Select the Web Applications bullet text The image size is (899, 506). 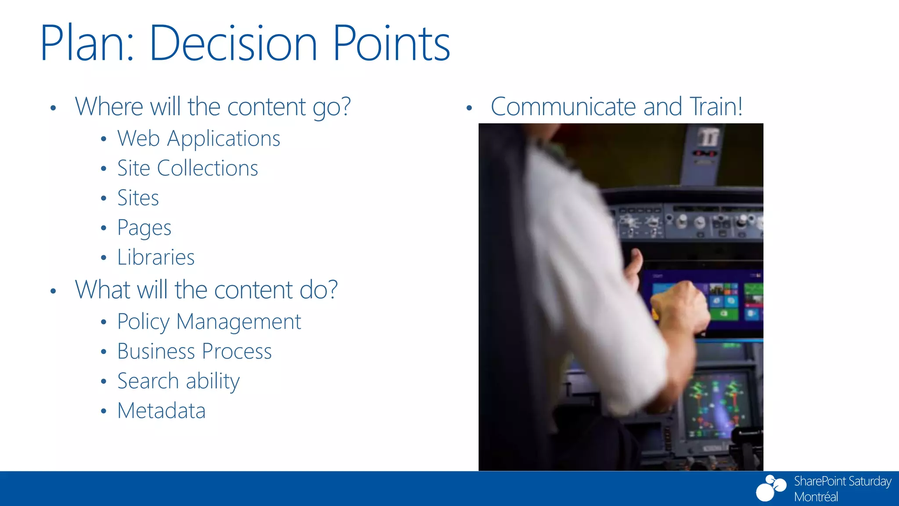[x=198, y=139]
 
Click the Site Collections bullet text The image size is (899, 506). [x=187, y=168]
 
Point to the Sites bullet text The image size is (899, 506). [x=138, y=198]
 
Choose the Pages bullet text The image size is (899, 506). [x=144, y=228]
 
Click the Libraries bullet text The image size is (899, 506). [x=156, y=257]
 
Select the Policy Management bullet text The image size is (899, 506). [x=209, y=322]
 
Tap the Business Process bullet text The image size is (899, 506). [x=194, y=351]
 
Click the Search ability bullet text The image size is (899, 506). [x=178, y=381]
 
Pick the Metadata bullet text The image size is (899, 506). [x=161, y=411]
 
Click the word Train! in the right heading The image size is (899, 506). [x=716, y=107]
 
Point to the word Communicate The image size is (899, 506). [x=563, y=107]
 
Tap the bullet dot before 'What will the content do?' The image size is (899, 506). [x=53, y=291]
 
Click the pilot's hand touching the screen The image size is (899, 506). [x=680, y=307]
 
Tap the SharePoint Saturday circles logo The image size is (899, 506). [x=770, y=488]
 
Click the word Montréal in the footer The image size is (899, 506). [x=816, y=497]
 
